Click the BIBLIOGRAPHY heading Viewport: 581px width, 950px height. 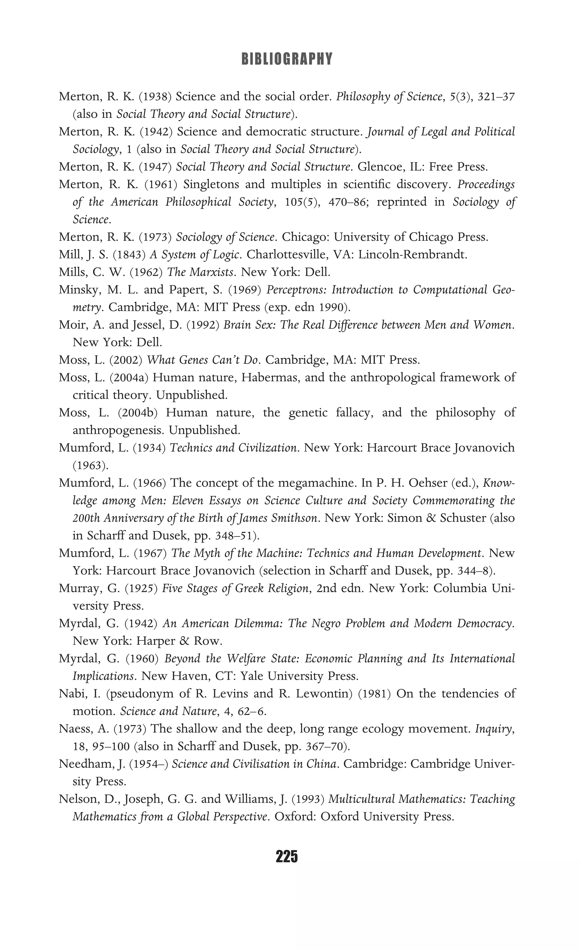point(287,59)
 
